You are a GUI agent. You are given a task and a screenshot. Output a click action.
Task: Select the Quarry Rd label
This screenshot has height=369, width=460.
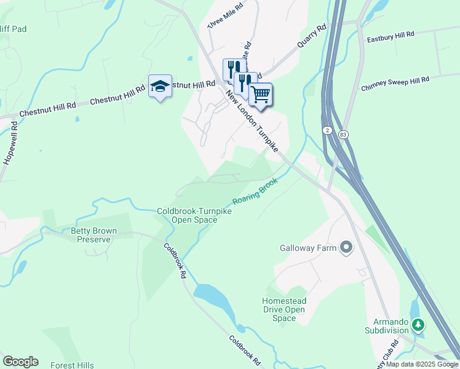(x=311, y=38)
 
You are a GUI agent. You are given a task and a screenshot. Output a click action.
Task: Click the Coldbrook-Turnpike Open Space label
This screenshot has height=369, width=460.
(x=194, y=215)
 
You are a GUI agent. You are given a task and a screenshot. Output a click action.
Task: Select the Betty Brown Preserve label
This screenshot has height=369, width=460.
(x=94, y=236)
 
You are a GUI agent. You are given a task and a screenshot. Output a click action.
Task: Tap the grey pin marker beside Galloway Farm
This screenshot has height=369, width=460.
(x=346, y=248)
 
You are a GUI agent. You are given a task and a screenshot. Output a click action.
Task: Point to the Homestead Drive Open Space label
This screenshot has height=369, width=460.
(x=284, y=309)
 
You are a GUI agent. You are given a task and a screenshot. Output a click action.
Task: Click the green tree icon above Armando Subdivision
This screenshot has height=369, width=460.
(x=418, y=323)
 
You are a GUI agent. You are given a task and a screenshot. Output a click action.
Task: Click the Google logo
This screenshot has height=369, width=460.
(x=20, y=362)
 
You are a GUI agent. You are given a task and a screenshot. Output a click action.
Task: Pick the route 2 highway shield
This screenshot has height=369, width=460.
(x=326, y=130)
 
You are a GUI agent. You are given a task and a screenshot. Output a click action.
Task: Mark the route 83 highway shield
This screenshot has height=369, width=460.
(x=343, y=134)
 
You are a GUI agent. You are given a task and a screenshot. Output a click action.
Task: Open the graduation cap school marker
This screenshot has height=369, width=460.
(x=160, y=87)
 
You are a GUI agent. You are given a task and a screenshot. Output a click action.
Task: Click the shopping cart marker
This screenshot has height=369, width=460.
(x=261, y=94)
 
